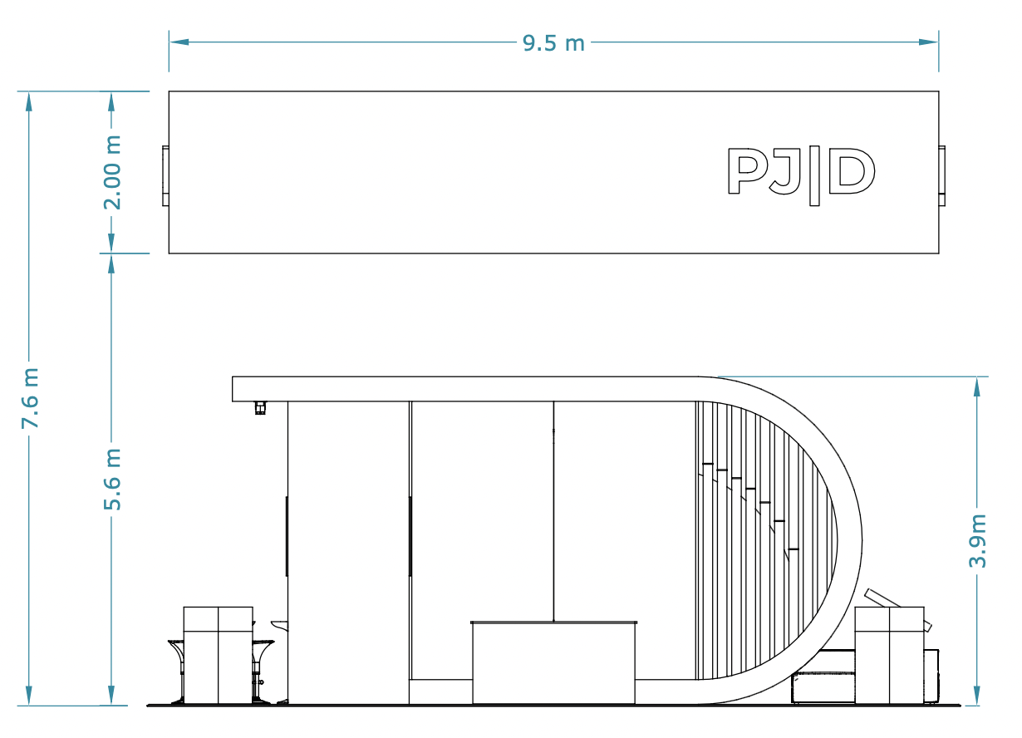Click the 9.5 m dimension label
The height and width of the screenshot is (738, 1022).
pos(553,43)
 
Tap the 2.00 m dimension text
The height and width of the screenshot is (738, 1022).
pos(112,173)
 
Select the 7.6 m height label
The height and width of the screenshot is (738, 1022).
pos(30,398)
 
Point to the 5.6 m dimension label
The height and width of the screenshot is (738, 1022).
pos(112,480)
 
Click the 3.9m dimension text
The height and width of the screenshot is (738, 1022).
pos(977,541)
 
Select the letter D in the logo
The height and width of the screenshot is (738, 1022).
pos(852,170)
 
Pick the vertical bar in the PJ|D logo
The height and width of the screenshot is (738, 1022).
pos(814,175)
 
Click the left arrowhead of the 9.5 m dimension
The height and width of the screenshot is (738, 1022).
pos(179,42)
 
